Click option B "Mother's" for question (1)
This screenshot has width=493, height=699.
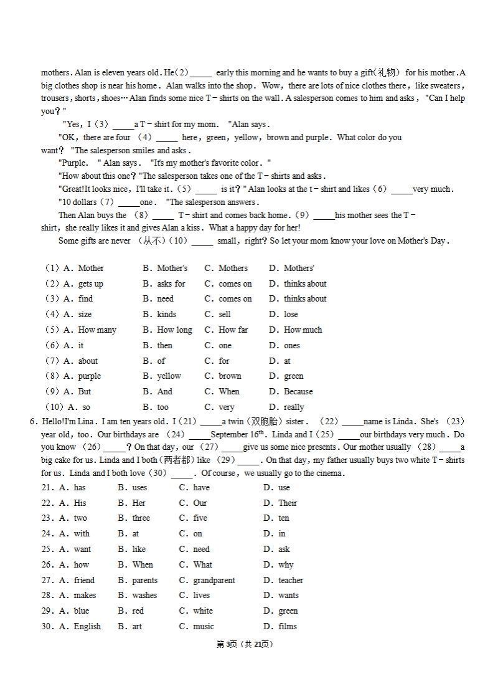pyautogui.click(x=171, y=269)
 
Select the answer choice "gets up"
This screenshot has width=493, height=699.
pyautogui.click(x=90, y=284)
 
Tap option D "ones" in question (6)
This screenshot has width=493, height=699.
pyautogui.click(x=291, y=346)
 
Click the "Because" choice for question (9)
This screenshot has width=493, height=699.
pyautogui.click(x=298, y=392)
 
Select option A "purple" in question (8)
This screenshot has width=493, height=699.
pyautogui.click(x=90, y=376)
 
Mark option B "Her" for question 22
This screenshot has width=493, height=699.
pyautogui.click(x=139, y=503)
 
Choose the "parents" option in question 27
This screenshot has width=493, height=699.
pyautogui.click(x=144, y=581)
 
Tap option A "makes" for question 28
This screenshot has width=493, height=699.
pyautogui.click(x=85, y=596)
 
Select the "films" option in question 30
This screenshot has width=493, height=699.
pyautogui.click(x=287, y=627)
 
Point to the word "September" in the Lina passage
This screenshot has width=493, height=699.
pyautogui.click(x=231, y=435)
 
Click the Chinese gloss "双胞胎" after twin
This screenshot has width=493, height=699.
pyautogui.click(x=264, y=422)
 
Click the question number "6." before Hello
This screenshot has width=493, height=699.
pyautogui.click(x=34, y=422)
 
